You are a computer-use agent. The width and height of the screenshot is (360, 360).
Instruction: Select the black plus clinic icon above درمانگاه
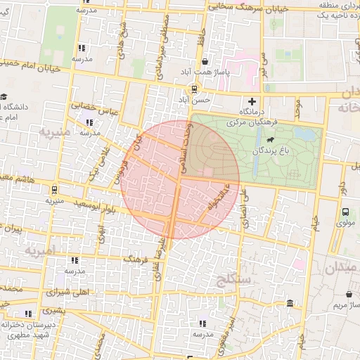pyautogui.click(x=252, y=101)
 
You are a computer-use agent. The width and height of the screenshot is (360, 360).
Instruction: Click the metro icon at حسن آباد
pyautogui.click(x=193, y=89)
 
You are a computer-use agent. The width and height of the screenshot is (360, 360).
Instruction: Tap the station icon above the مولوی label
pyautogui.click(x=345, y=212)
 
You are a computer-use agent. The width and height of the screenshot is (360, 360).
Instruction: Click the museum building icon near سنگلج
pyautogui.click(x=290, y=303)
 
